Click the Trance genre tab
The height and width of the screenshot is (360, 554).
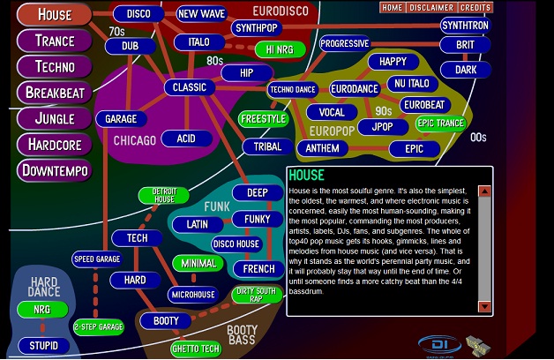[x=55, y=41]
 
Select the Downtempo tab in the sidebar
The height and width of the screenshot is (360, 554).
[x=55, y=169]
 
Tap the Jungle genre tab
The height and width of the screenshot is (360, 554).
[x=55, y=118]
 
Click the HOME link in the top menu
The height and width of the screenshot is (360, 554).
[x=392, y=8]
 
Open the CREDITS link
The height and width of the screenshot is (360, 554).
[x=475, y=8]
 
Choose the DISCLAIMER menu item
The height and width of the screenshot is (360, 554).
[x=430, y=8]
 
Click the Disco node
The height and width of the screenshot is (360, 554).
[x=138, y=14]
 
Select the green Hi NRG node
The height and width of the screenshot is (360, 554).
[x=279, y=49]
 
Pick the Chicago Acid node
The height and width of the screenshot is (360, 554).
[x=185, y=139]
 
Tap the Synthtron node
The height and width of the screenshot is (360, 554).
[x=465, y=26]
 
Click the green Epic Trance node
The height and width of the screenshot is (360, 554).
[x=440, y=124]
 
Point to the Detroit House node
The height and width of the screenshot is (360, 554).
[x=164, y=196]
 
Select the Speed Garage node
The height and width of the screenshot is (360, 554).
[x=96, y=259]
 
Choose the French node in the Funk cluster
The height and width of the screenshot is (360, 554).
[x=258, y=268]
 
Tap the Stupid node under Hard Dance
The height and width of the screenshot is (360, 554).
[x=43, y=345]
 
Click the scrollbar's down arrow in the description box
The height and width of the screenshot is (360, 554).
[x=484, y=306]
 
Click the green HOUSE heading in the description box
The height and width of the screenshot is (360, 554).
[x=306, y=176]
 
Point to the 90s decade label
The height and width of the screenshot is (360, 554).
[x=383, y=112]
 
